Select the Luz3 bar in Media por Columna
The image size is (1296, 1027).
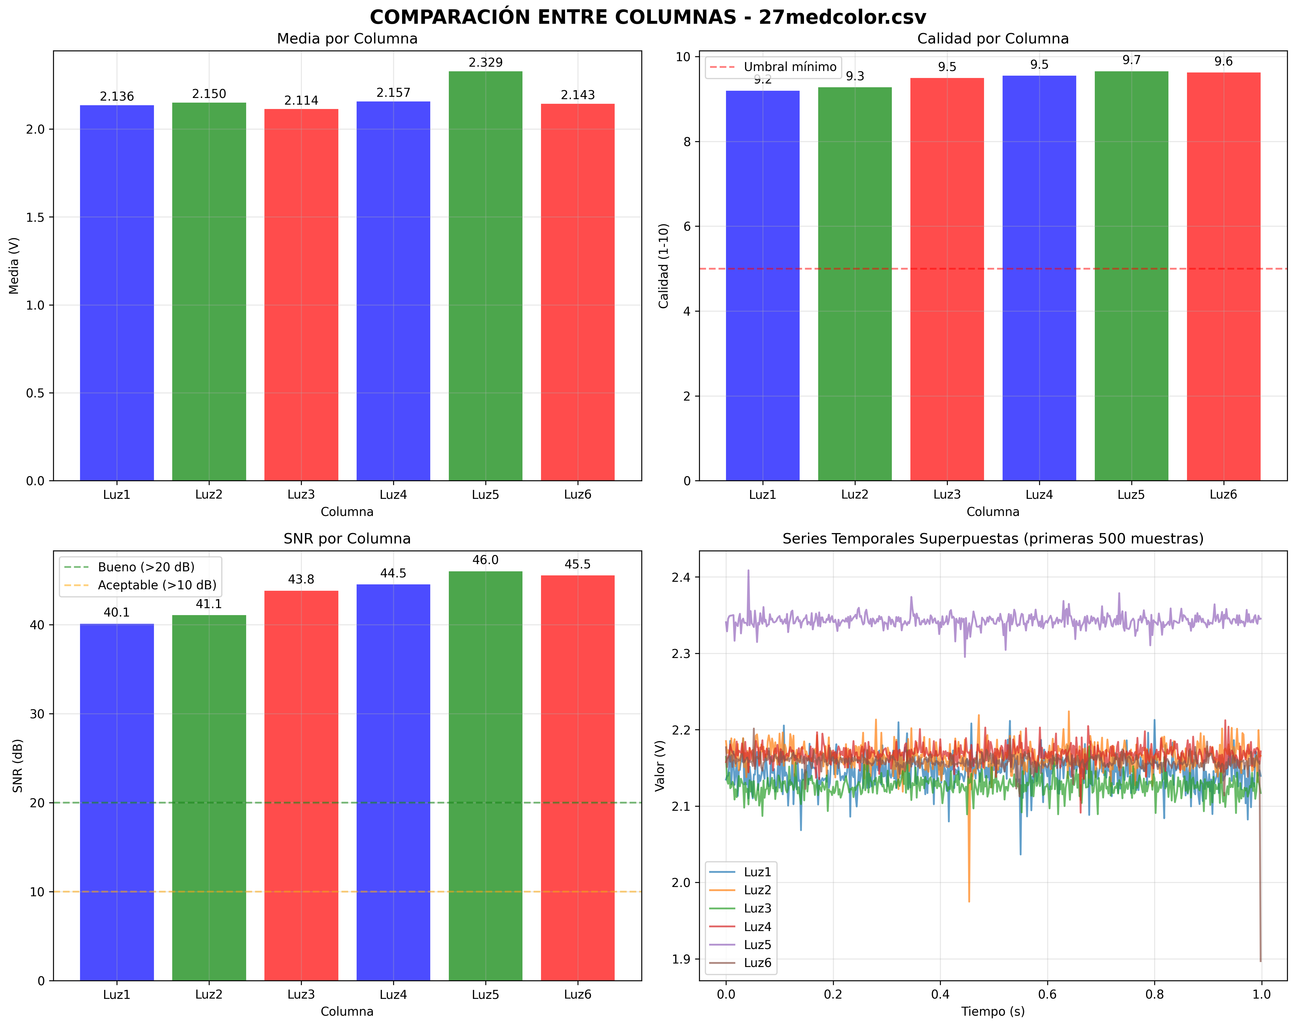301,295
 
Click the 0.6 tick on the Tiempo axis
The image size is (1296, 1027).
1047,995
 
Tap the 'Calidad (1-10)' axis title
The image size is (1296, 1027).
664,266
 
